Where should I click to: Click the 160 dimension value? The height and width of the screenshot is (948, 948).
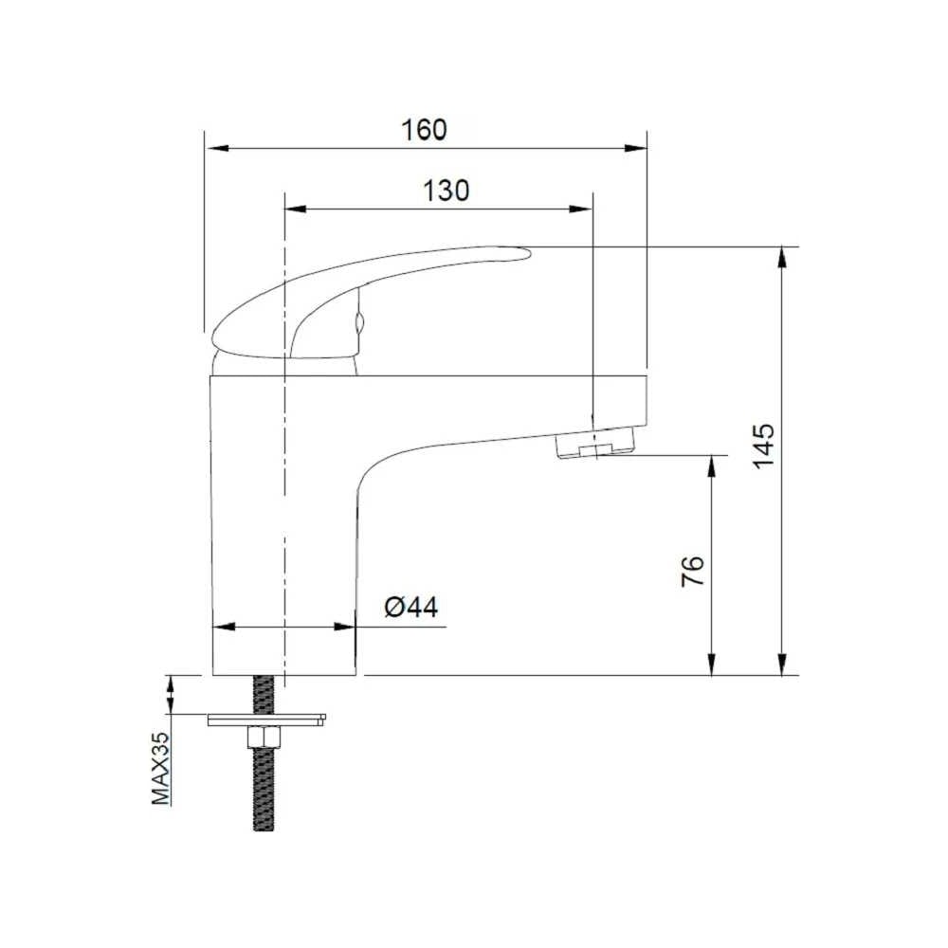click(425, 130)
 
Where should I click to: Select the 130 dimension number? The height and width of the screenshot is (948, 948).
click(446, 191)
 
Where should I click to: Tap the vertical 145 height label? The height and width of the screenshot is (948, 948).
click(763, 446)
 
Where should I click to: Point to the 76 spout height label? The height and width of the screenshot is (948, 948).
click(693, 570)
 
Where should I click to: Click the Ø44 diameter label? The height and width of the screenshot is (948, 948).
click(411, 607)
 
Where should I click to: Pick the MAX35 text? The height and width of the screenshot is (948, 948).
click(161, 768)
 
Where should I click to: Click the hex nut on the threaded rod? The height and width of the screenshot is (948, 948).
click(263, 738)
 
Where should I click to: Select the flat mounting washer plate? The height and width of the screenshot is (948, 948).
click(266, 720)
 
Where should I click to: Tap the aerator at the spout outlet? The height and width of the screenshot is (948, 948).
click(596, 443)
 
